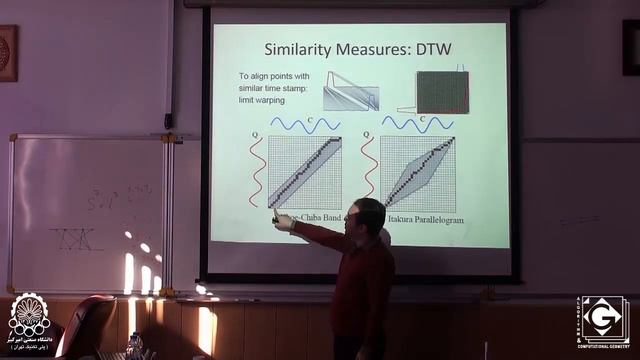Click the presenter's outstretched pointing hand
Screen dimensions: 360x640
[283, 222]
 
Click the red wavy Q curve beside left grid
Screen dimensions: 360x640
[258, 170]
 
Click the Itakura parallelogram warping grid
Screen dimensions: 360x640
[418, 171]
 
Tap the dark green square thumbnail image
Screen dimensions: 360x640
[442, 92]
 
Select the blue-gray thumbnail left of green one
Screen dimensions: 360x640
[351, 91]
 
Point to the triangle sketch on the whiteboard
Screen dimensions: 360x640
[77, 239]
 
